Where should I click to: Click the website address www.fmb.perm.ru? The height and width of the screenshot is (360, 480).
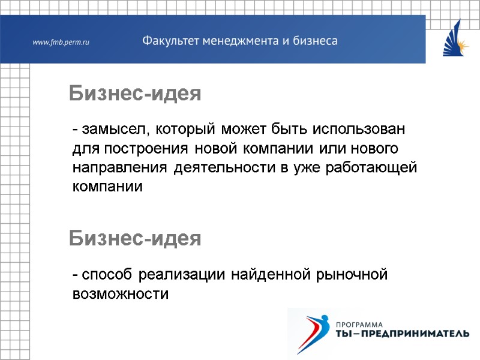coord(61,42)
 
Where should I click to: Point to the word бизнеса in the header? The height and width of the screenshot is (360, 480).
coord(314,41)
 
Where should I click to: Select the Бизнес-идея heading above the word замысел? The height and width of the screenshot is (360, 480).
coord(134,94)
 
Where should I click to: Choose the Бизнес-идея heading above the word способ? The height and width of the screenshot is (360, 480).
coord(134,239)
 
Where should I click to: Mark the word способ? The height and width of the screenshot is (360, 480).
coord(108,275)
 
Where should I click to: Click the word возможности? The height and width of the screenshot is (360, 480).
coord(120,295)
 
